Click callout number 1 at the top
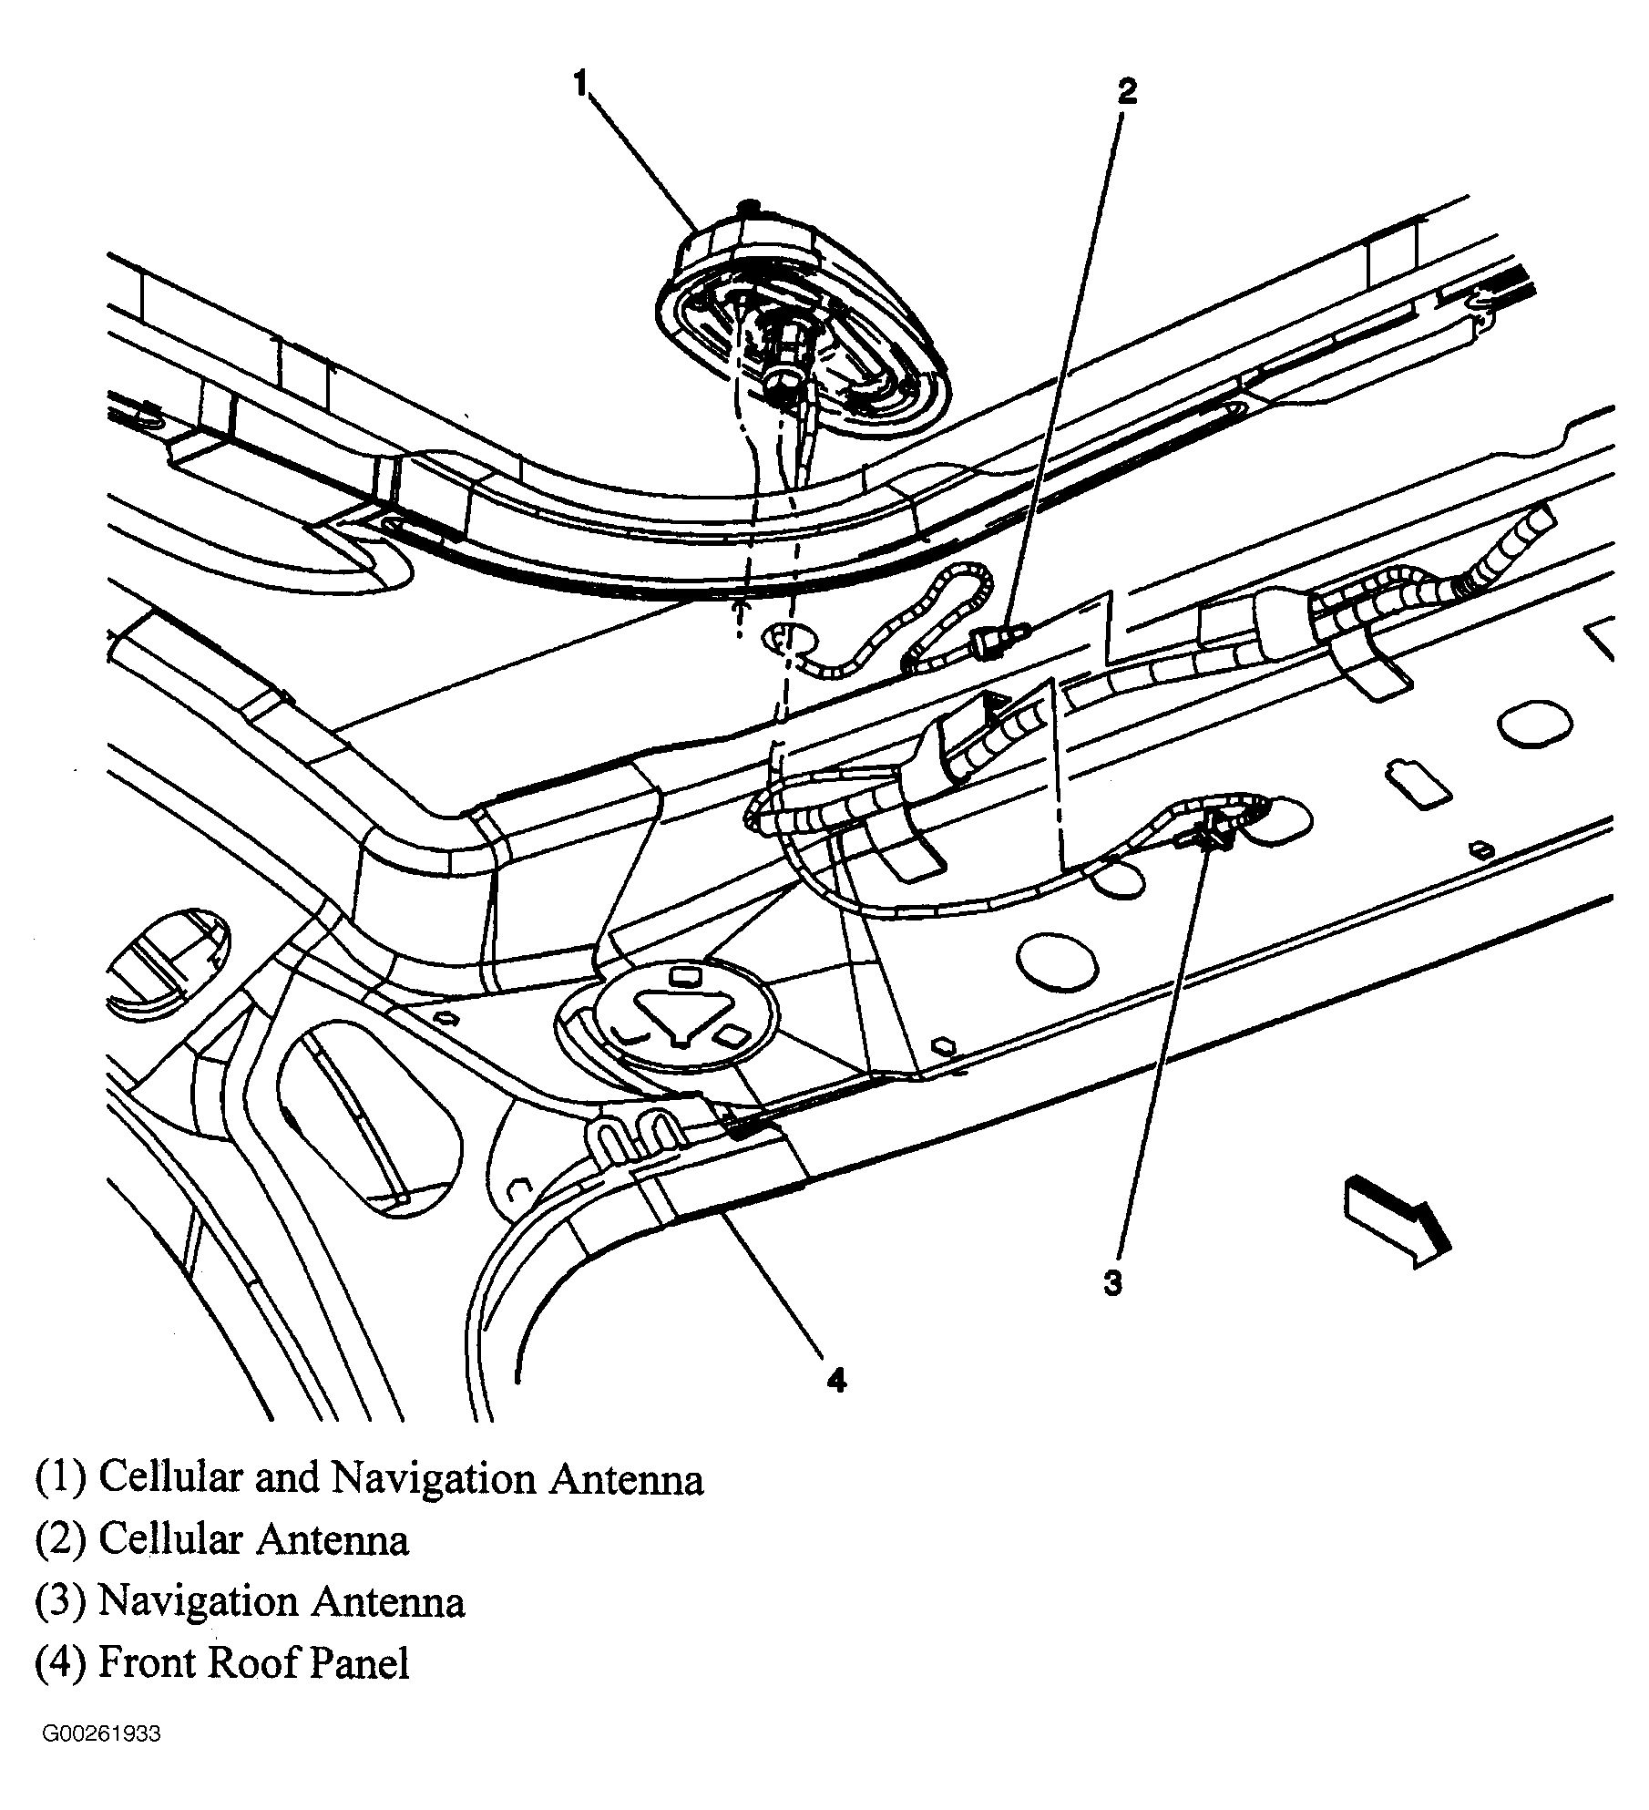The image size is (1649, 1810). [x=581, y=84]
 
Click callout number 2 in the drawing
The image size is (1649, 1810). [x=1128, y=91]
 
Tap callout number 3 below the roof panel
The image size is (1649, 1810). [x=1112, y=1283]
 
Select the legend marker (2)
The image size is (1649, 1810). [x=60, y=1539]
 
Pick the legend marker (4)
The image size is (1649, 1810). [x=60, y=1663]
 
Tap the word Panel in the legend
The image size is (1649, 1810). [x=360, y=1663]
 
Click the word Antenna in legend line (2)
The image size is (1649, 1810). [x=332, y=1539]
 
